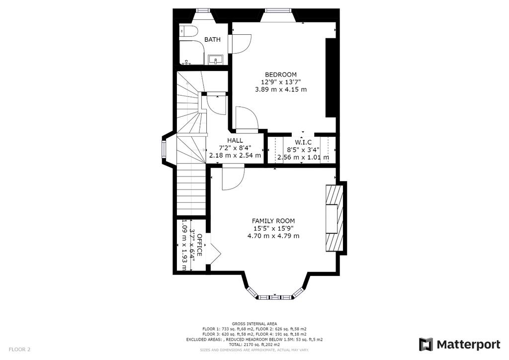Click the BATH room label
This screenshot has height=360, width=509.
212,40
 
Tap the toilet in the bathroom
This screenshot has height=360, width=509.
188,31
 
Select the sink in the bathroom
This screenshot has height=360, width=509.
215,60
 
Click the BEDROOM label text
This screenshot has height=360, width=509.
281,75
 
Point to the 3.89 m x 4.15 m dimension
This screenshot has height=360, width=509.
281,90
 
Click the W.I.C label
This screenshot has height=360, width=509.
303,142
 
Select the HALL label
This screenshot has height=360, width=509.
235,141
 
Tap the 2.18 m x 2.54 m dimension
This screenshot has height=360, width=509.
235,155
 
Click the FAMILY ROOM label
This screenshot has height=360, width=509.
274,221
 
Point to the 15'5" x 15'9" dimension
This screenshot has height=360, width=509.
274,229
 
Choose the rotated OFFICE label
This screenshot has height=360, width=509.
200,245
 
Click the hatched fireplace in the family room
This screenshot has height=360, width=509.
335,218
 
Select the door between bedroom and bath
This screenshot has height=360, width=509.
240,43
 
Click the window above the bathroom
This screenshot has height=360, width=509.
203,10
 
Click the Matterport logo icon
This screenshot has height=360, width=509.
426,345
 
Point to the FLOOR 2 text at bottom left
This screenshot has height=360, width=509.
19,350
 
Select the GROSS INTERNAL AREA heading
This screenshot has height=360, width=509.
254,324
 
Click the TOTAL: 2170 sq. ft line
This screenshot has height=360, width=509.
254,345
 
